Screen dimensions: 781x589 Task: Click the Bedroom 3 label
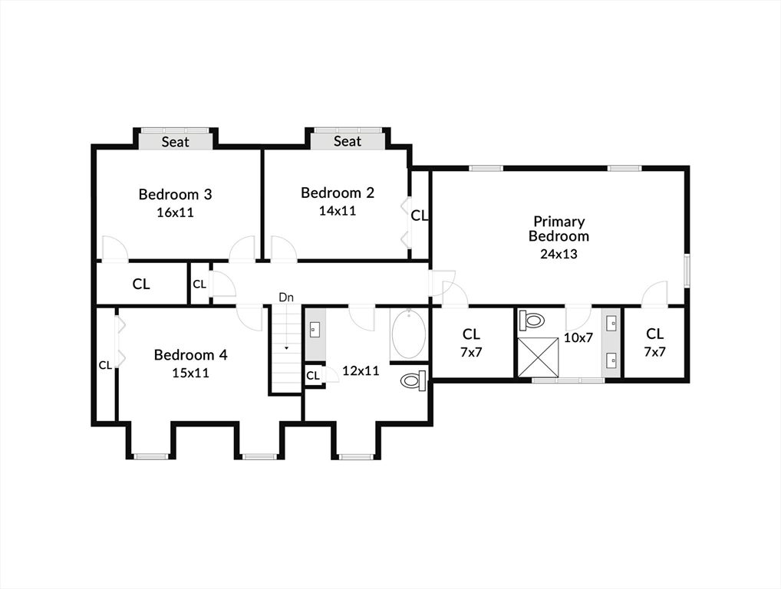click(x=176, y=194)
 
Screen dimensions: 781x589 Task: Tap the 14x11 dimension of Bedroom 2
click(x=338, y=211)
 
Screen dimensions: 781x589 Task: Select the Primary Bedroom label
click(x=559, y=229)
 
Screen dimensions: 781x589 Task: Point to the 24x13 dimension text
click(x=559, y=254)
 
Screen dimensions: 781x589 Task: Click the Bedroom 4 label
click(x=191, y=355)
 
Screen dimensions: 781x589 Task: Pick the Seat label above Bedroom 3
click(x=176, y=142)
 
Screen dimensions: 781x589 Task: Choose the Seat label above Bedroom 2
click(x=348, y=141)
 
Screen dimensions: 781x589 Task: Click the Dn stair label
click(x=286, y=298)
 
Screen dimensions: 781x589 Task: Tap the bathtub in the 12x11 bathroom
click(x=409, y=334)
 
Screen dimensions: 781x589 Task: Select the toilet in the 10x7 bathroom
click(x=531, y=320)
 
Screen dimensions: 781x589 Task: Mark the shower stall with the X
click(x=538, y=357)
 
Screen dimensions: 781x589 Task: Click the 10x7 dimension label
click(x=578, y=337)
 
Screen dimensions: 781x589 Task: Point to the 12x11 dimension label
click(x=361, y=371)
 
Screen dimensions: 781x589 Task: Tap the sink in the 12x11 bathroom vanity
click(x=315, y=329)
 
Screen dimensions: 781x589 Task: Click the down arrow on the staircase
click(x=286, y=347)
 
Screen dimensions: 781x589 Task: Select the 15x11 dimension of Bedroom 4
click(x=191, y=373)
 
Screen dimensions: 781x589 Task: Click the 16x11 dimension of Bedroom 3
click(x=176, y=212)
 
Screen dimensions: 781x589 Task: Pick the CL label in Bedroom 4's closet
click(x=105, y=366)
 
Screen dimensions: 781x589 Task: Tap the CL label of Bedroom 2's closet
click(x=420, y=216)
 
